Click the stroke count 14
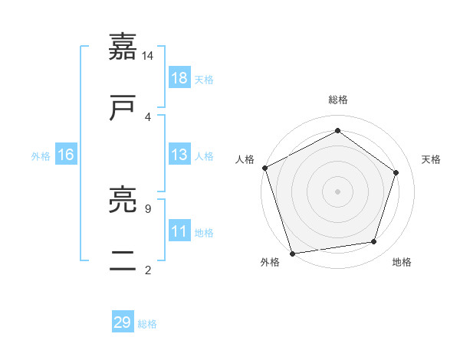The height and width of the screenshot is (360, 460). tap(148, 56)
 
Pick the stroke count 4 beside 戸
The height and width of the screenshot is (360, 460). tap(148, 116)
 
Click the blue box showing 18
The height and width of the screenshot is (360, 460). tap(179, 78)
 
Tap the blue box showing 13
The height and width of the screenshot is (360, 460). tap(179, 155)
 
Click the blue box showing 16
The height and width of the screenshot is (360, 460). tap(66, 155)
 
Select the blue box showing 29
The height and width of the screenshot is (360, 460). tap(123, 322)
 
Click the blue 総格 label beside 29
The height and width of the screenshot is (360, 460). tap(147, 324)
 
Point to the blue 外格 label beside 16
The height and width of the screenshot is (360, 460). tap(41, 156)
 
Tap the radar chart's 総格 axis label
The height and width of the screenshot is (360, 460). tap(338, 100)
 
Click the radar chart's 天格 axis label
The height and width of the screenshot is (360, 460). tap(432, 159)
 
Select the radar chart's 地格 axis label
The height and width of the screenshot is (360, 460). tap(402, 263)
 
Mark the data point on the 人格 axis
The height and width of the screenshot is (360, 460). tap(264, 168)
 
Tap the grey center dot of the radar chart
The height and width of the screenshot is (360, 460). tap(338, 191)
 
